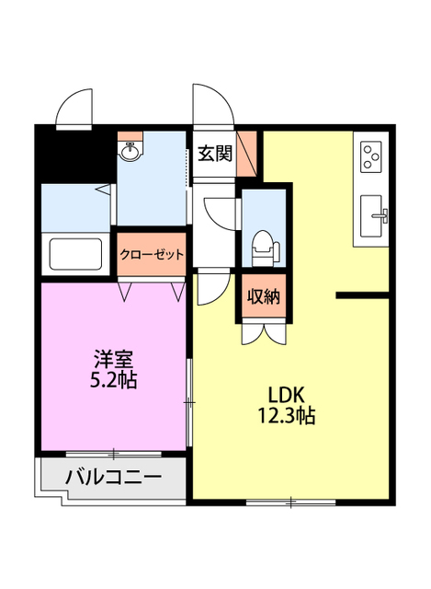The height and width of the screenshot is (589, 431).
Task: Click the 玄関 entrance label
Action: [x=214, y=152]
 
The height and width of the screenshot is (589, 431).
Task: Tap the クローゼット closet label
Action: [x=152, y=254]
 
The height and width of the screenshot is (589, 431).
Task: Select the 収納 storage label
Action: [x=264, y=296]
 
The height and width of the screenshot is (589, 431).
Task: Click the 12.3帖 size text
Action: [x=287, y=416]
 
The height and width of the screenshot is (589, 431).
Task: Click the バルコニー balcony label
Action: [x=114, y=479]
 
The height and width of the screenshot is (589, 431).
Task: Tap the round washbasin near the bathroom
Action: [x=130, y=153]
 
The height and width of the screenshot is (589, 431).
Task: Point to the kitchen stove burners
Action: [x=371, y=156]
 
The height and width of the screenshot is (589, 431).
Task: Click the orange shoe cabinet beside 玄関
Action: [x=246, y=154]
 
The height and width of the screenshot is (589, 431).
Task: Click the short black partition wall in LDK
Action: [x=364, y=295]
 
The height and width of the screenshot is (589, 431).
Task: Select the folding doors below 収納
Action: [x=263, y=332]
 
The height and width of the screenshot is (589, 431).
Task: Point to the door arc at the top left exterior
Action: [x=74, y=109]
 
